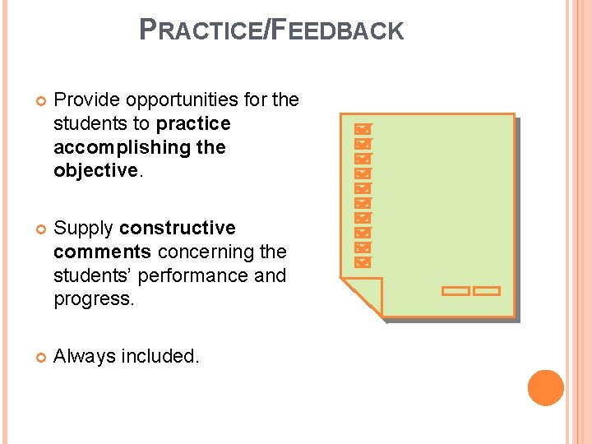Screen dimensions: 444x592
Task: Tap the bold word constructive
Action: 178,228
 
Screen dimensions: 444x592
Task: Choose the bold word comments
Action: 102,252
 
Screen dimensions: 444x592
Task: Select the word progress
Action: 92,299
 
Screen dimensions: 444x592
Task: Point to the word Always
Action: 84,356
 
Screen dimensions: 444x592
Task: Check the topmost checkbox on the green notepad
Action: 362,129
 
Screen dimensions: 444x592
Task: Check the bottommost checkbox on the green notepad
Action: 362,262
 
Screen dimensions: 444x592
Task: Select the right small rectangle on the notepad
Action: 487,291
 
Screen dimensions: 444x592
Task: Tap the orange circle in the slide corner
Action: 546,388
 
